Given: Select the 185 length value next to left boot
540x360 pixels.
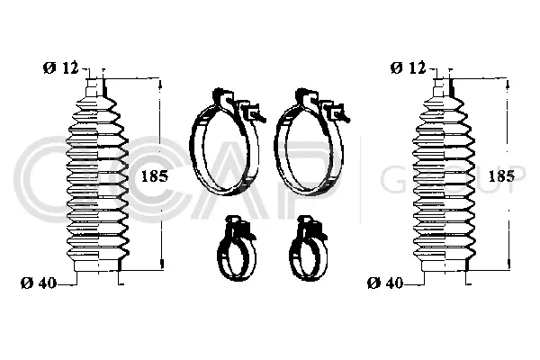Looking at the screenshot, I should pos(154,176).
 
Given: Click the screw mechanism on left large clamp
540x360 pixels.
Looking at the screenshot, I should pos(252,112).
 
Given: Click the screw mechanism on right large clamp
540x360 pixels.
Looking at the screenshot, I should pos(339,112).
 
